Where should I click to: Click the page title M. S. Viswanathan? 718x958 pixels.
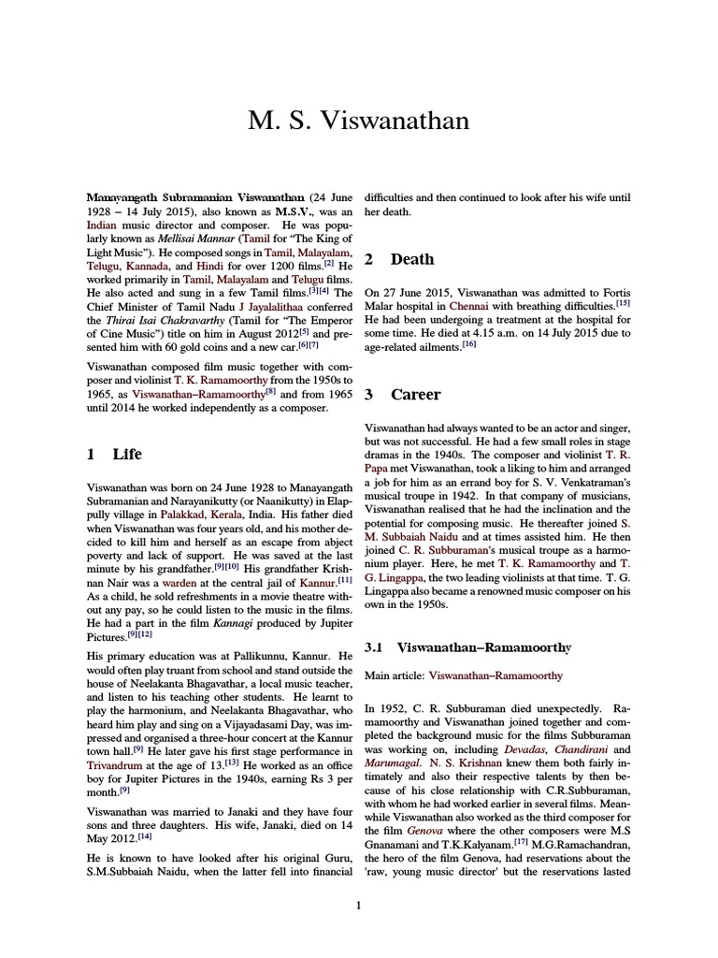pos(358,121)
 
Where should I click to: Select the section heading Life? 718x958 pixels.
pos(126,454)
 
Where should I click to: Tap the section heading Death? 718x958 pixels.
pos(411,258)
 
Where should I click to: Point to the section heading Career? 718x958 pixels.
pos(415,394)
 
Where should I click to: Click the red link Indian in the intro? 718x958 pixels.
pos(102,225)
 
